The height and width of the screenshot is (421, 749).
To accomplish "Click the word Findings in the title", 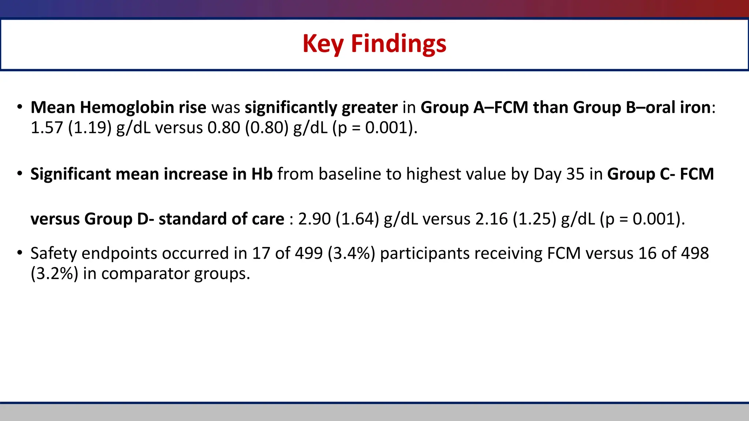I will coord(399,44).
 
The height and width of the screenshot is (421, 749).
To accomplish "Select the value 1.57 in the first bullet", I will coord(47,128).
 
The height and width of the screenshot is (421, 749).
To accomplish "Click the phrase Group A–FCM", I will coord(474,107).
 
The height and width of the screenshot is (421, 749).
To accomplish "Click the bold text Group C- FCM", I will coord(660,174).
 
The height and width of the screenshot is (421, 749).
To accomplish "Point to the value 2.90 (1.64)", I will coord(339,219).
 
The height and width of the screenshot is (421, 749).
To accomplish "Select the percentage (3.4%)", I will coord(351,253).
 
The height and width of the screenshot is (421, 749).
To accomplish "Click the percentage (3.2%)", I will coord(54,274).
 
